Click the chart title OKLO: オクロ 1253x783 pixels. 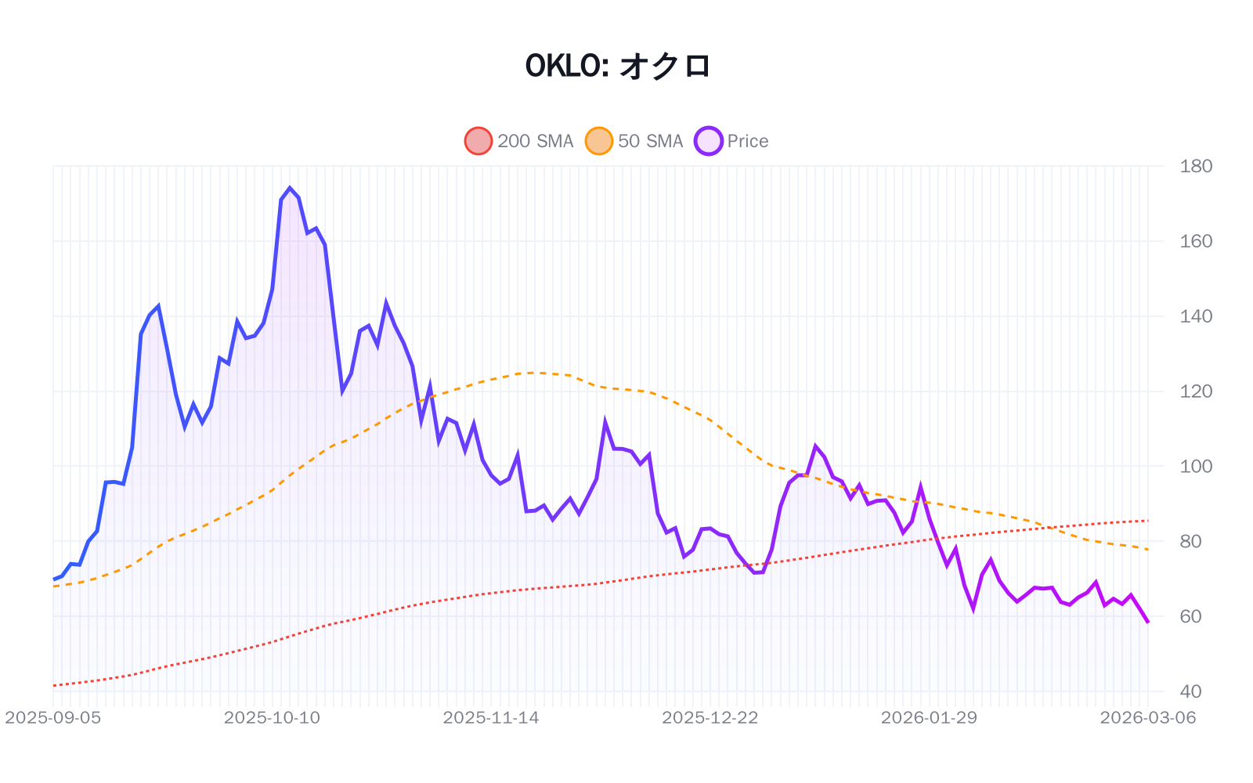[x=618, y=66]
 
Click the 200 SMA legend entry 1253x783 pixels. [x=519, y=141]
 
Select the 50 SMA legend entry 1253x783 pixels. [x=635, y=141]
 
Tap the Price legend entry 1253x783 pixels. [x=732, y=141]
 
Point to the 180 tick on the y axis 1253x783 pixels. [x=1196, y=166]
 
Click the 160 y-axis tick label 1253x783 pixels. [x=1196, y=241]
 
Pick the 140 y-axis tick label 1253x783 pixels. [x=1196, y=316]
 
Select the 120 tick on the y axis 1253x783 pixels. [x=1196, y=391]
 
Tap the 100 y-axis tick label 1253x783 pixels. [x=1196, y=467]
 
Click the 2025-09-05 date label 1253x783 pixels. [x=53, y=718]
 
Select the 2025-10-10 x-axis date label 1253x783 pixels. [x=272, y=718]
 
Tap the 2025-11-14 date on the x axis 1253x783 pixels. [x=491, y=718]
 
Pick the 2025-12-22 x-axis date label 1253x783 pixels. [x=710, y=718]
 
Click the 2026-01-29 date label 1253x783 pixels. [x=929, y=718]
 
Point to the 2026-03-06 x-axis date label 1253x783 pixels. [x=1148, y=718]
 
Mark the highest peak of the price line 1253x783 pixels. [x=290, y=188]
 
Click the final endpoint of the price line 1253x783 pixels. [x=1148, y=622]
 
